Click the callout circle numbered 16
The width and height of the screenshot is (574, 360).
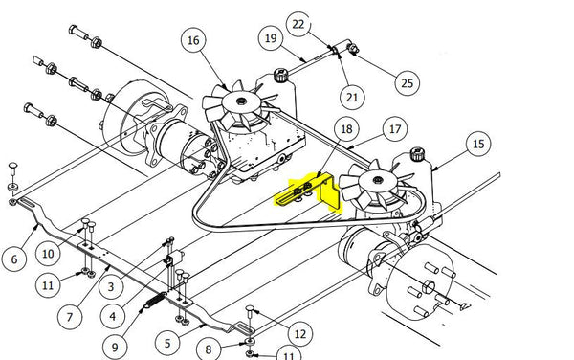pyautogui.click(x=194, y=40)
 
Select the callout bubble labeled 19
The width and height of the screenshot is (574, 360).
pyautogui.click(x=271, y=38)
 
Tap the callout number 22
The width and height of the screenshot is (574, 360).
pyautogui.click(x=298, y=23)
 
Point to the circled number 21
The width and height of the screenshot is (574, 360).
pyautogui.click(x=352, y=97)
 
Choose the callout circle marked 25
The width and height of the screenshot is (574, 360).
pyautogui.click(x=408, y=83)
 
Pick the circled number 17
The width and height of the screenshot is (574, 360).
pyautogui.click(x=392, y=126)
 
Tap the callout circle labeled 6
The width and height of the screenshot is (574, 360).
pyautogui.click(x=14, y=258)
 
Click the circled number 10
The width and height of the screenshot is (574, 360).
pyautogui.click(x=48, y=254)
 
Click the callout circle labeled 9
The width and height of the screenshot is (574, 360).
pyautogui.click(x=116, y=347)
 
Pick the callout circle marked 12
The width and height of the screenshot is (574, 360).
pyautogui.click(x=300, y=334)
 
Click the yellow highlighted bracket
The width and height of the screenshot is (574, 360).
pyautogui.click(x=307, y=191)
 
